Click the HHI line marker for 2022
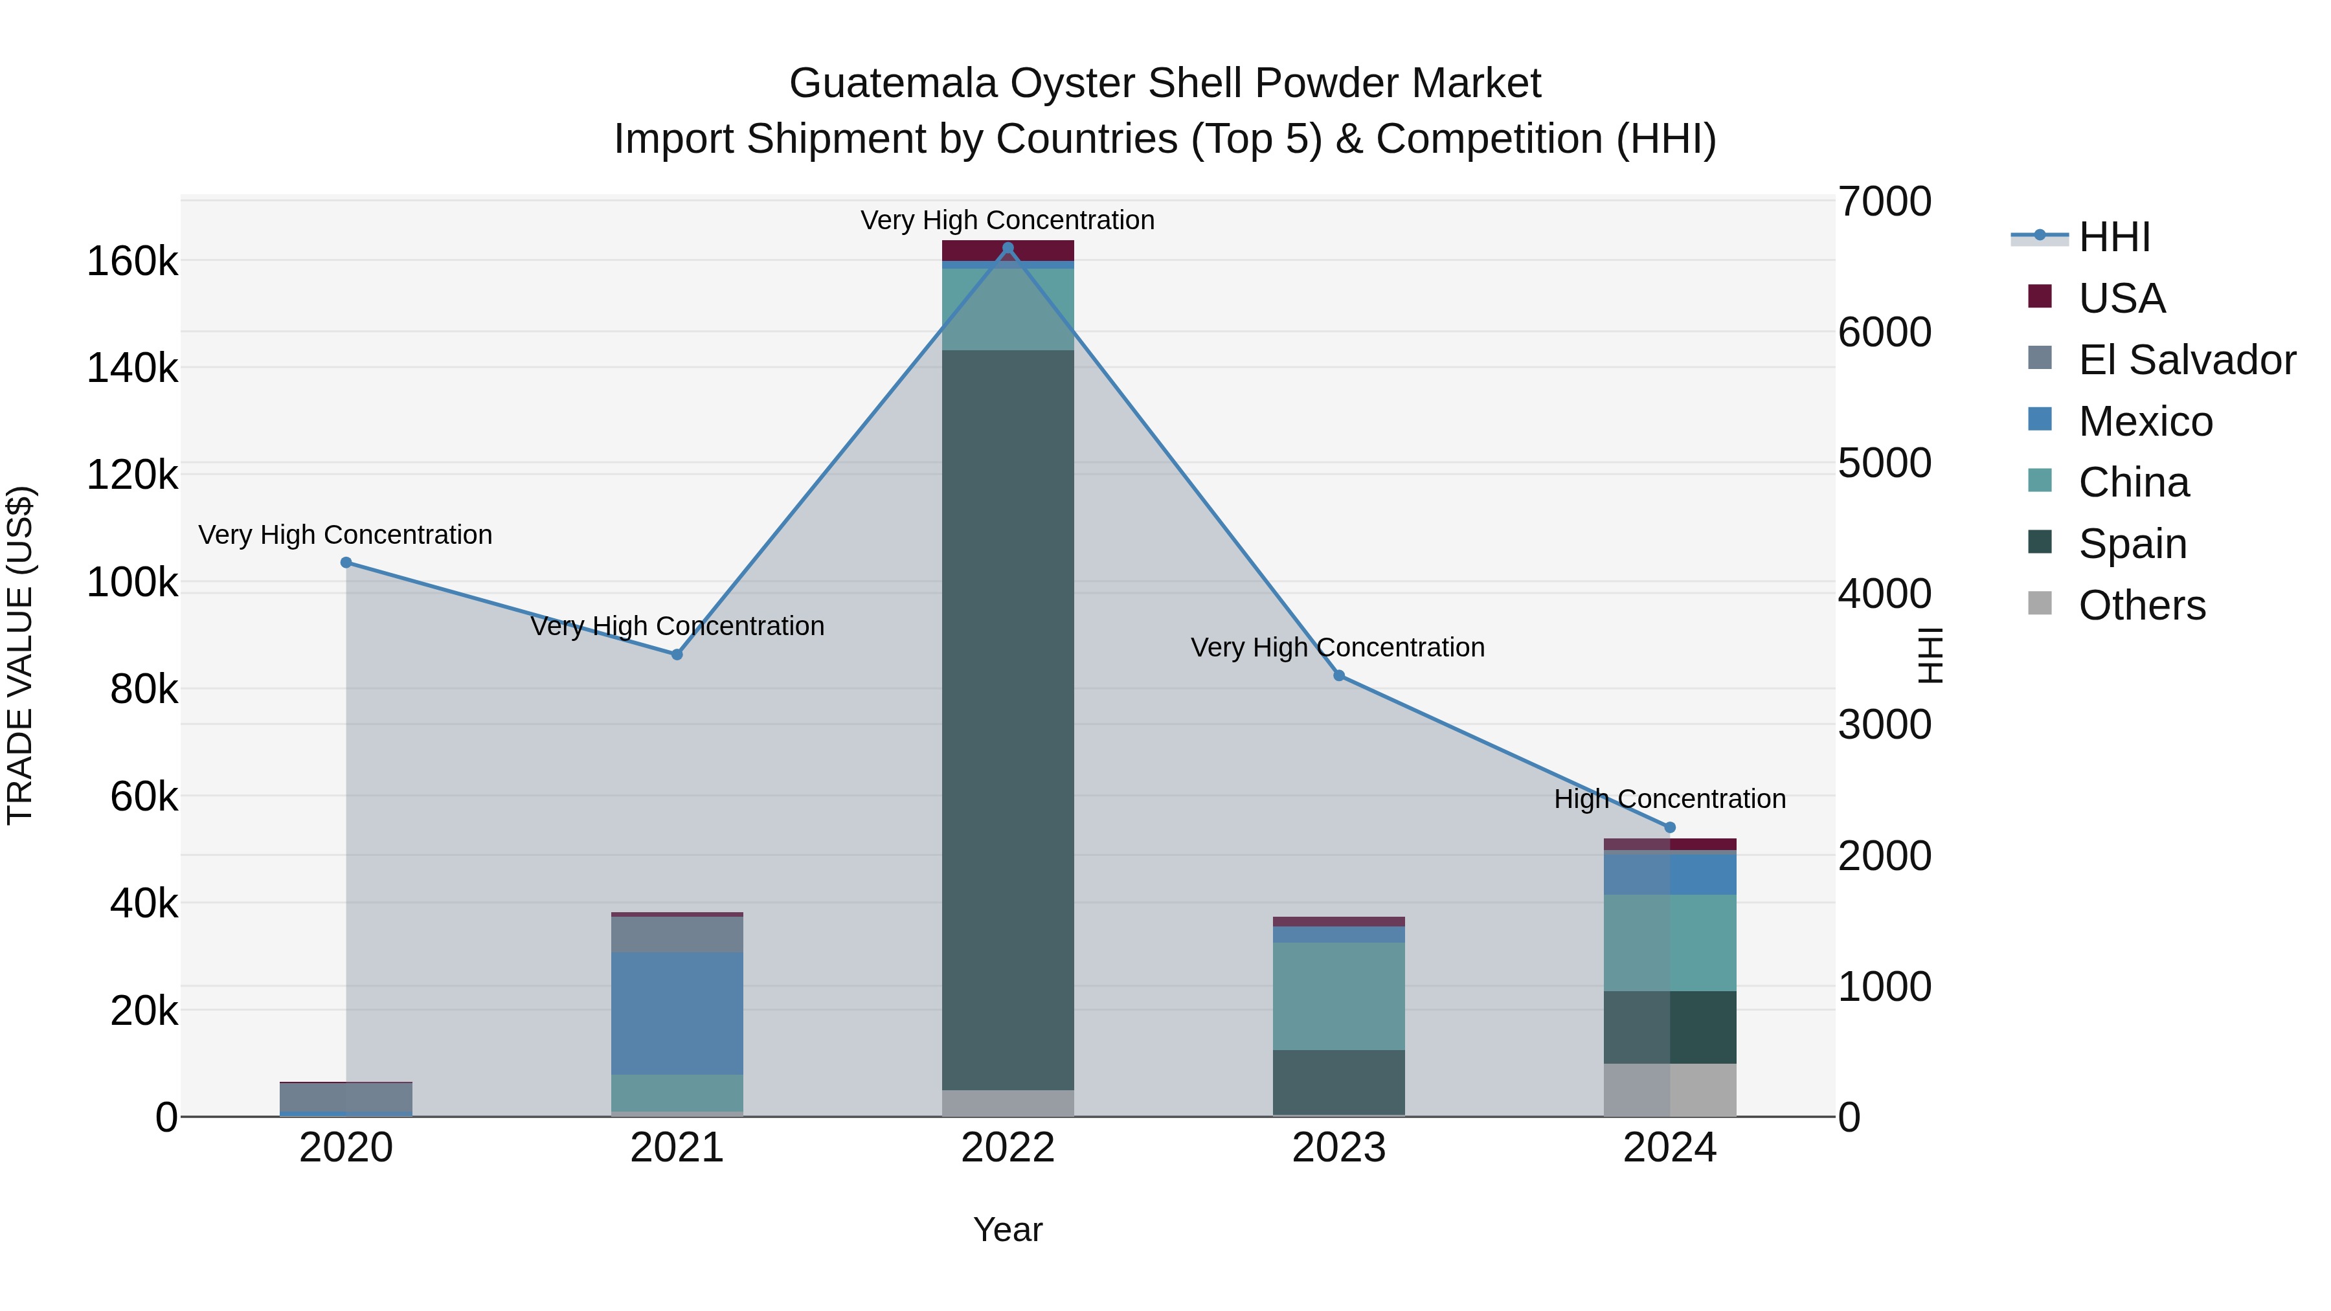[x=1008, y=248]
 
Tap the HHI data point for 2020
[x=346, y=563]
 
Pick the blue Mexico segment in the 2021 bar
[x=677, y=1013]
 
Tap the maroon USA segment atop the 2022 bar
[x=1008, y=251]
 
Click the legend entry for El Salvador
[x=2186, y=360]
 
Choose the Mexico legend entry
[x=2145, y=421]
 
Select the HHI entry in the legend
[x=2114, y=237]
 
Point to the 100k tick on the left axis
[x=132, y=583]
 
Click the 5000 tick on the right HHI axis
[x=1885, y=464]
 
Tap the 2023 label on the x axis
[x=1339, y=1148]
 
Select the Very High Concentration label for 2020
[x=346, y=535]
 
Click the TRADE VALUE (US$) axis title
[x=20, y=655]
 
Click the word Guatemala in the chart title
[x=893, y=84]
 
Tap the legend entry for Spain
[x=2132, y=544]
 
